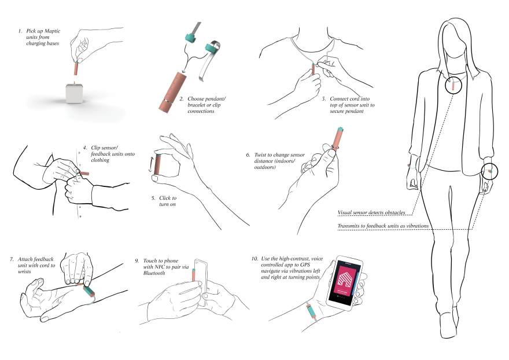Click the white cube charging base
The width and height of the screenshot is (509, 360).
click(74, 93)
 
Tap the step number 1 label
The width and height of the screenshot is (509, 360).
click(20, 29)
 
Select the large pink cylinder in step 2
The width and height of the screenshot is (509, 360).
click(169, 93)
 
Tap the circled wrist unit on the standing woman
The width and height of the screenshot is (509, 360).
click(490, 172)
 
